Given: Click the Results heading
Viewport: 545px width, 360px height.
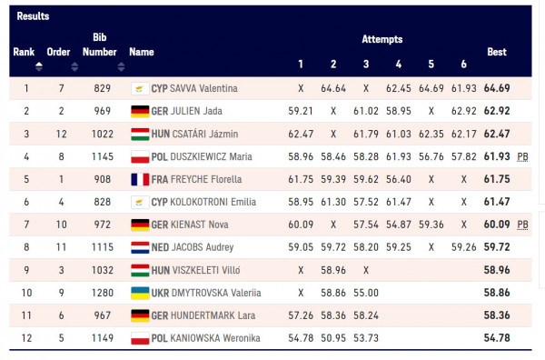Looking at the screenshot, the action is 33,16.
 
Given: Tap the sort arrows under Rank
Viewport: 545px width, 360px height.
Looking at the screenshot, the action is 39,66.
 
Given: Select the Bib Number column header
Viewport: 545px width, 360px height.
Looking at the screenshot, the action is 100,45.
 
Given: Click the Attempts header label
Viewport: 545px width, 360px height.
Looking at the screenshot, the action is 382,39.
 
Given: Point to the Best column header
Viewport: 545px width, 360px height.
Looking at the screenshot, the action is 497,52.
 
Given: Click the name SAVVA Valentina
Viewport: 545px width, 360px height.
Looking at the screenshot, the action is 203,88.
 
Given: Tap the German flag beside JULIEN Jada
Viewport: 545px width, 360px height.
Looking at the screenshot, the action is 140,111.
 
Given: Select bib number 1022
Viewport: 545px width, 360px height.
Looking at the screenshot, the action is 102,134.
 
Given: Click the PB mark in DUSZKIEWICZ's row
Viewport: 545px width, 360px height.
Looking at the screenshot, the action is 522,157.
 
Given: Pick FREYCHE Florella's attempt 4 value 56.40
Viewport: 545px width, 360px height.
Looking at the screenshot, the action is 399,179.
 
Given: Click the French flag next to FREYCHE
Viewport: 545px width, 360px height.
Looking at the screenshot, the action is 140,179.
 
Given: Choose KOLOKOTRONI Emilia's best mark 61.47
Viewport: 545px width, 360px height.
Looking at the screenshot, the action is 497,202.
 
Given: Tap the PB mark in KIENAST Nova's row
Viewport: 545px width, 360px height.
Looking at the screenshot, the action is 522,225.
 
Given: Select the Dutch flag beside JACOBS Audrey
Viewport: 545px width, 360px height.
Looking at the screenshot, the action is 140,247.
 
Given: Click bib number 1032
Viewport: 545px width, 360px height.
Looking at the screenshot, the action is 102,270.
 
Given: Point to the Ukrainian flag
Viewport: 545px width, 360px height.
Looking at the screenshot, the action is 140,293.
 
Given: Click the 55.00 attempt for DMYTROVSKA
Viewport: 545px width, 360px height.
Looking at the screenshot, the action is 366,293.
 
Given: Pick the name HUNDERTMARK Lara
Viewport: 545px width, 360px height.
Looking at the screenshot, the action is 213,315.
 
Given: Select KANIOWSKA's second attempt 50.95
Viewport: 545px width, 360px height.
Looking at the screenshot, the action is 333,338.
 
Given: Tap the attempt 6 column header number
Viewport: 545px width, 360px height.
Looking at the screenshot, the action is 463,64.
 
